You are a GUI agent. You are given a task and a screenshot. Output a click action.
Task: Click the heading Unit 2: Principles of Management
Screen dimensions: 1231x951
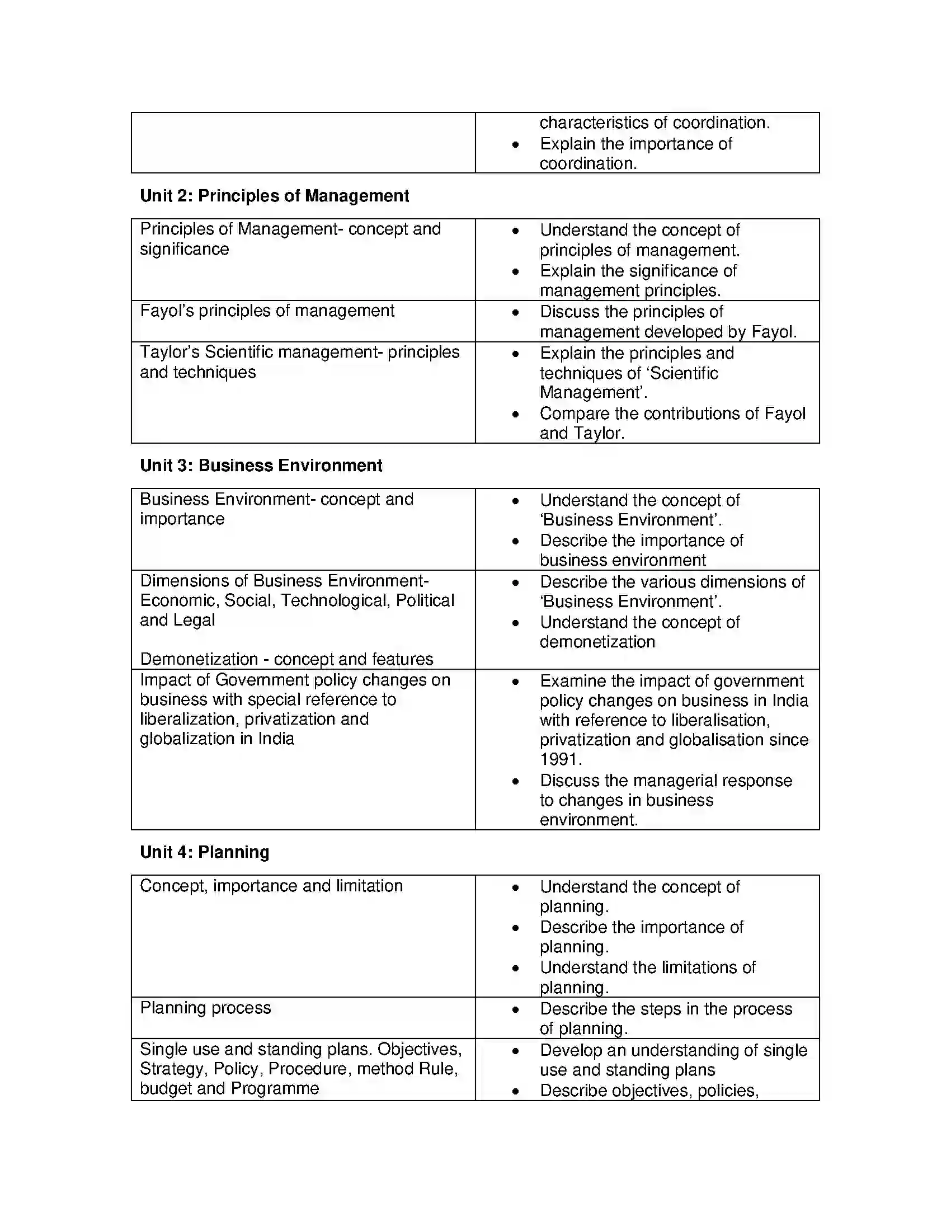[274, 196]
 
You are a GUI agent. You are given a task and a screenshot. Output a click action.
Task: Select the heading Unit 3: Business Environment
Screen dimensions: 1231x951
[261, 466]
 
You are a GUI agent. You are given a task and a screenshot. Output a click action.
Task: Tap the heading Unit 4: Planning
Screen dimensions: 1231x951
[205, 852]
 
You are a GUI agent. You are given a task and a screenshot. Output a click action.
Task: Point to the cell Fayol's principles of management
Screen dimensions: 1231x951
[267, 311]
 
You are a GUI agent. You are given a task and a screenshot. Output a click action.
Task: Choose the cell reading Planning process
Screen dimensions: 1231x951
[206, 1008]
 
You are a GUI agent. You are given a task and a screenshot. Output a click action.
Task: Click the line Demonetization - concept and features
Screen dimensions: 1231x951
[286, 659]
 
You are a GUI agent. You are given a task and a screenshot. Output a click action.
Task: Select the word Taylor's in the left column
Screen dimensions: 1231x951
[170, 353]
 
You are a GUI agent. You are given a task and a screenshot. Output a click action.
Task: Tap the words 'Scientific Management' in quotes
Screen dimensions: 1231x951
[629, 383]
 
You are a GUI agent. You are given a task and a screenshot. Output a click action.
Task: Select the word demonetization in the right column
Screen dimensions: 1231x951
[597, 642]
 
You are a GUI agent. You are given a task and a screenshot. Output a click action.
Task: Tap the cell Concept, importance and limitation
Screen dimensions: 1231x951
[271, 886]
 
